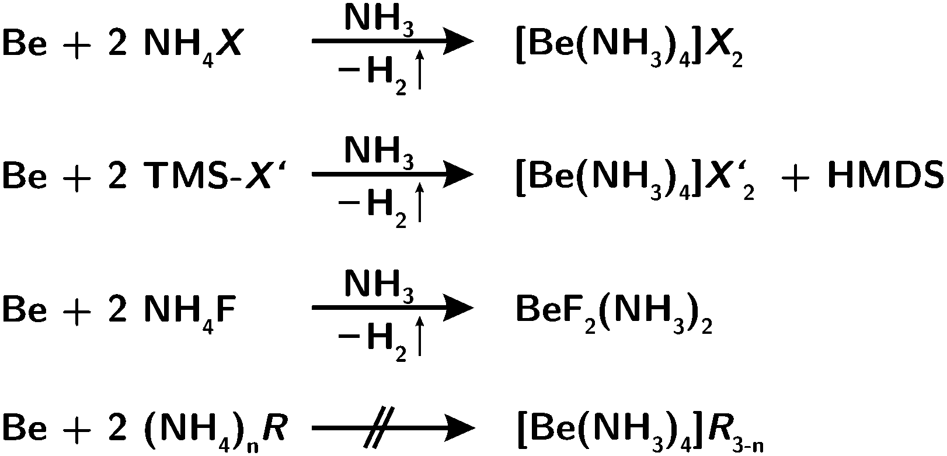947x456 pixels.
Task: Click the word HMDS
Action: point(885,174)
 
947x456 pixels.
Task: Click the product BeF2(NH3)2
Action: point(614,314)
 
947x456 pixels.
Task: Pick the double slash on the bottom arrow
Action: point(379,427)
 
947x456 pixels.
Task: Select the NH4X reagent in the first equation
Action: point(193,45)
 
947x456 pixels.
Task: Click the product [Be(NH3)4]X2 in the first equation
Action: point(629,47)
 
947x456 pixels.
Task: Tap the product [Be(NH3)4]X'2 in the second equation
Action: point(635,179)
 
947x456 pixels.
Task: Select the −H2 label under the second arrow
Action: point(372,208)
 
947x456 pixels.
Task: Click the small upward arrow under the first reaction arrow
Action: point(419,69)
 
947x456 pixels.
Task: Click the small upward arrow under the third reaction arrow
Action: point(419,336)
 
